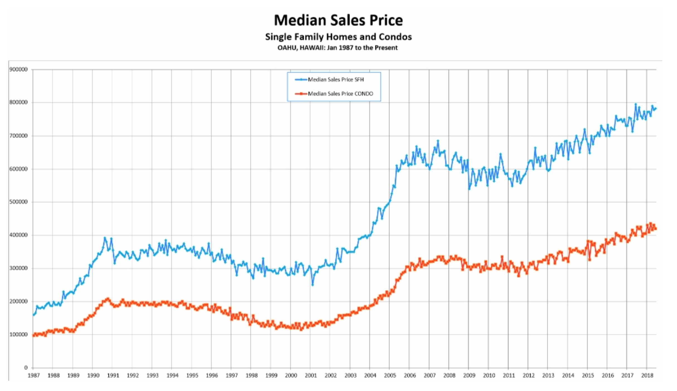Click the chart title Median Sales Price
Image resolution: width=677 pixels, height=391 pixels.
tap(338, 20)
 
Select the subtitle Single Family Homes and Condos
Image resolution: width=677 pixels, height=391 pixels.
tap(338, 37)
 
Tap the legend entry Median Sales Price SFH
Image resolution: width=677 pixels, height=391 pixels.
tap(336, 80)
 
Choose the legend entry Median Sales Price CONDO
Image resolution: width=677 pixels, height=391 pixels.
tap(340, 94)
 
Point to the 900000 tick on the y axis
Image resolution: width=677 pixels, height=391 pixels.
tap(19, 70)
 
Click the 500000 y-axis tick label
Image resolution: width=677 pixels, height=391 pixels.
tap(19, 202)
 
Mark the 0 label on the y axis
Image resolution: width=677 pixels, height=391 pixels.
tap(26, 368)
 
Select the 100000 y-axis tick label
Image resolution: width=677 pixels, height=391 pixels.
tap(19, 335)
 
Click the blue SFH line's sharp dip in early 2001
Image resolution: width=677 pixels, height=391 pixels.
tap(313, 285)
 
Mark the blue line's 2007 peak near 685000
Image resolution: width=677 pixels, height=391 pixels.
tap(438, 141)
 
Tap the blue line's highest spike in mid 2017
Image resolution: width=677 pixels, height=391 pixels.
tap(636, 104)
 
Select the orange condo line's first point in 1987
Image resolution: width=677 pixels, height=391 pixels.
tap(33, 335)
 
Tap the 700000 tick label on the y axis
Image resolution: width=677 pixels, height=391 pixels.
tap(19, 136)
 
